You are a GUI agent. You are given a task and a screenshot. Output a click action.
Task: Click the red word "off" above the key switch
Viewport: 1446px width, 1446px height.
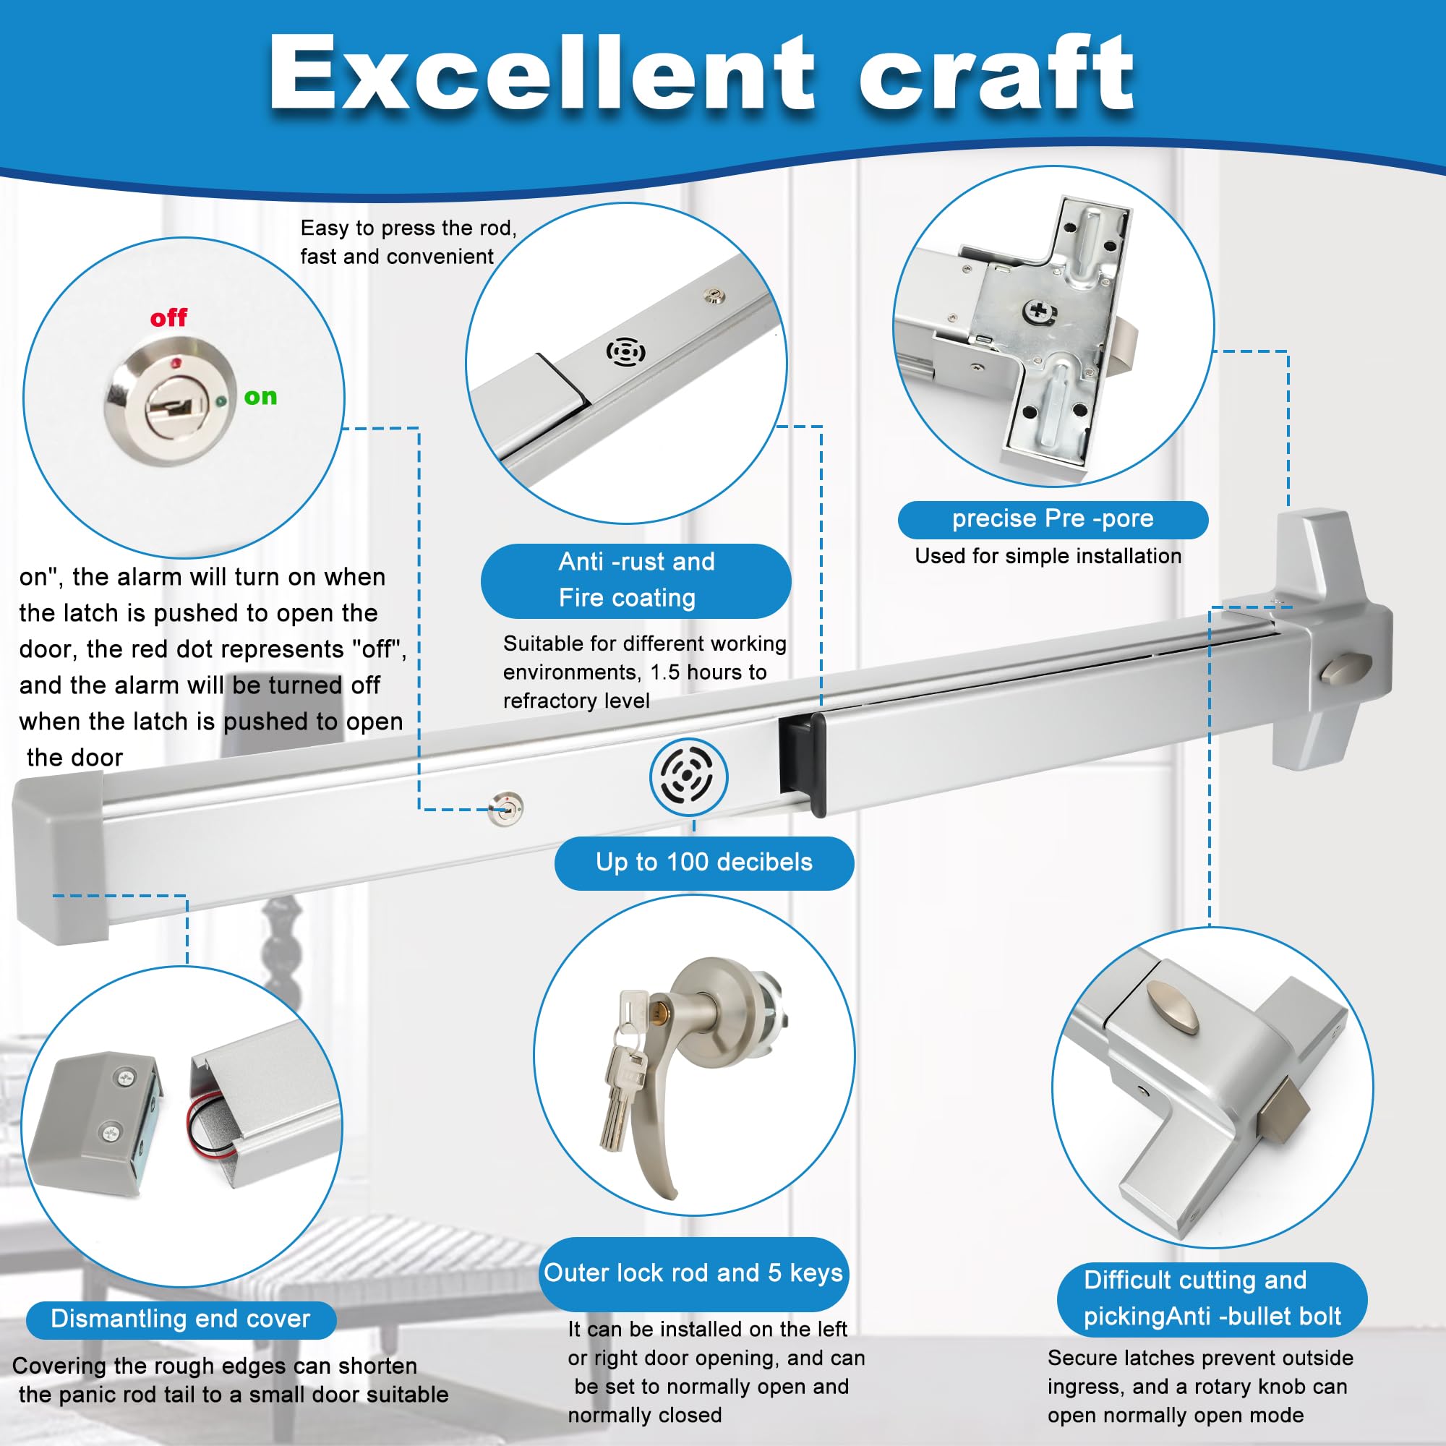(x=168, y=318)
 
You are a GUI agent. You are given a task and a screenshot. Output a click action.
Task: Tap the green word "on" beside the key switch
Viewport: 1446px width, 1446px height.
(x=260, y=397)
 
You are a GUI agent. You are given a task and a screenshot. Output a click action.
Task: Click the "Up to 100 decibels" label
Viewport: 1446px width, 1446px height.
(x=703, y=863)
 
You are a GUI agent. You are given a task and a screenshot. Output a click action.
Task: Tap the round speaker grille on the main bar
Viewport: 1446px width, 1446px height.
(x=688, y=775)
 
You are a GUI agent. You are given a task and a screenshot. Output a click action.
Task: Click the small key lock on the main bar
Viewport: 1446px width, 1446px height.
(x=505, y=808)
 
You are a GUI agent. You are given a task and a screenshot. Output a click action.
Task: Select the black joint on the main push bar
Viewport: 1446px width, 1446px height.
(x=803, y=763)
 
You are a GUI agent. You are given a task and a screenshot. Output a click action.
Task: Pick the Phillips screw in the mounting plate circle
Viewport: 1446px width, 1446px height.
(x=1040, y=312)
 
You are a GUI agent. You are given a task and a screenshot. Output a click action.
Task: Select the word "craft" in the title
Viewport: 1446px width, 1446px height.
(x=996, y=73)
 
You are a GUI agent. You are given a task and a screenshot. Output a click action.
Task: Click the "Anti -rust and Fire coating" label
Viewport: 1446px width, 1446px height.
(x=636, y=580)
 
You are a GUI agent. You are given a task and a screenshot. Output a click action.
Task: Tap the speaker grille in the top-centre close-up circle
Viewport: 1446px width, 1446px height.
(x=625, y=352)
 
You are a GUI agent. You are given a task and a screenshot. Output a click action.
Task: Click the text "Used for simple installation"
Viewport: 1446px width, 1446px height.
(x=1048, y=556)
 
